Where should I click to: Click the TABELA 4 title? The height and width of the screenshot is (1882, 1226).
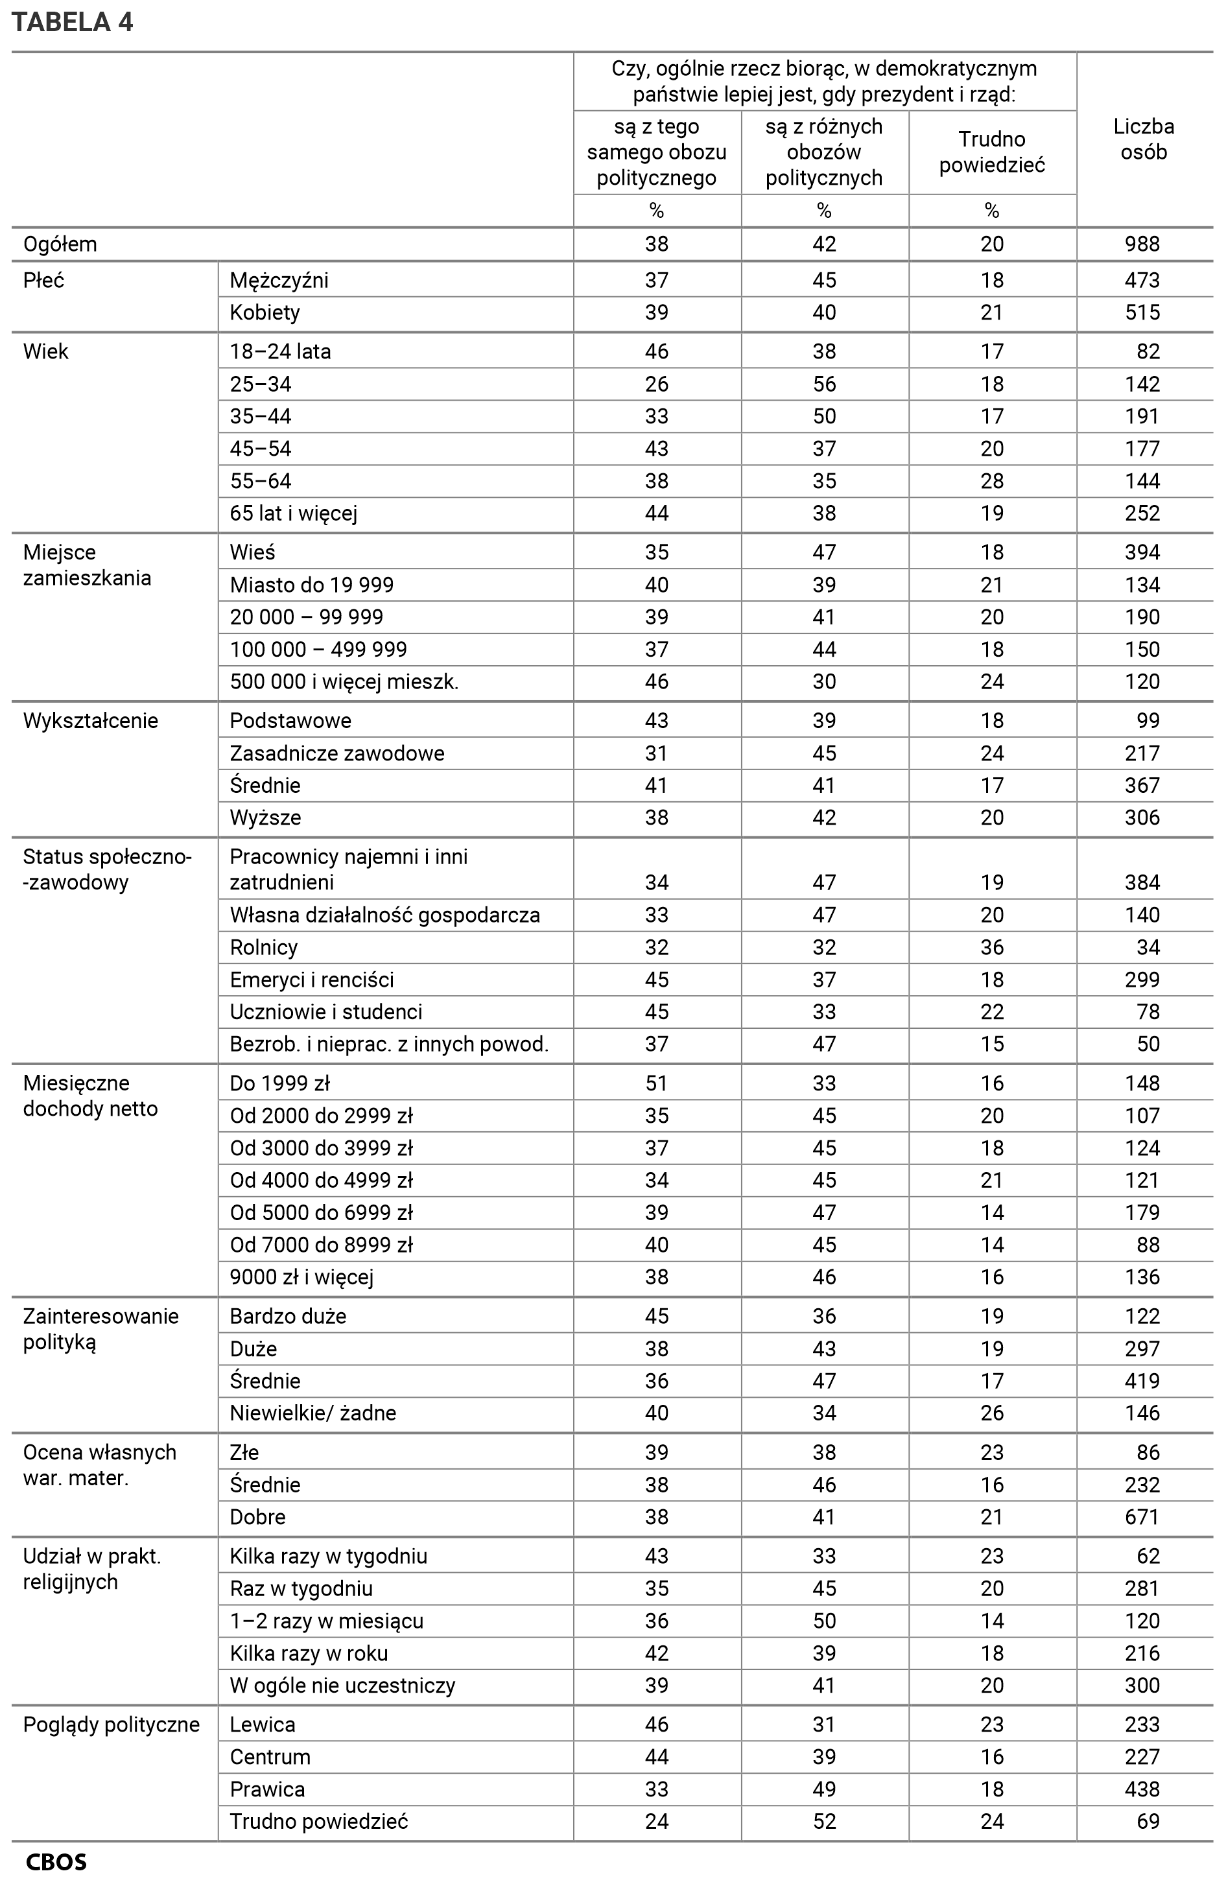[x=72, y=21]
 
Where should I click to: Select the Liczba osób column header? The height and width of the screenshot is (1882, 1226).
[x=1143, y=139]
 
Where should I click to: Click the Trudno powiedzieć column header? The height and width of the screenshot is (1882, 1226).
[x=991, y=152]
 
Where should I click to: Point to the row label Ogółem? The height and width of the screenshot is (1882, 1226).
[x=60, y=244]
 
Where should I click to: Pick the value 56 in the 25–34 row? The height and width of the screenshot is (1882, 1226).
[x=823, y=384]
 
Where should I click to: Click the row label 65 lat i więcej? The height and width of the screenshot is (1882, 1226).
[x=294, y=514]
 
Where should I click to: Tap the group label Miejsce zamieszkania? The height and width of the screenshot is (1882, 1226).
[x=86, y=565]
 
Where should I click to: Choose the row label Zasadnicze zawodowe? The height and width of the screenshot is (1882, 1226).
[x=337, y=753]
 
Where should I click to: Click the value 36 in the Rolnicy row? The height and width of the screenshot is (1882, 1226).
[x=991, y=947]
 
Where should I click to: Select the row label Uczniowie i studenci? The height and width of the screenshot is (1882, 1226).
[x=326, y=1012]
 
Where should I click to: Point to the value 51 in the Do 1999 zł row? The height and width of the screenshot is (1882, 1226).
[x=657, y=1083]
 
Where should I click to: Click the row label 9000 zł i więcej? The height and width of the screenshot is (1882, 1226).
[x=301, y=1277]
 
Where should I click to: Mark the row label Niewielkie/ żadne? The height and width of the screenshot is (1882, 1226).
[x=312, y=1413]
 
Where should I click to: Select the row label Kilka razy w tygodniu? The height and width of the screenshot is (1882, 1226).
[x=328, y=1556]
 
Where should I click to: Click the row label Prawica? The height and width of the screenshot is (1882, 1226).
[x=266, y=1789]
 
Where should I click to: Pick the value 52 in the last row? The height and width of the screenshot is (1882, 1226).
[x=823, y=1821]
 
